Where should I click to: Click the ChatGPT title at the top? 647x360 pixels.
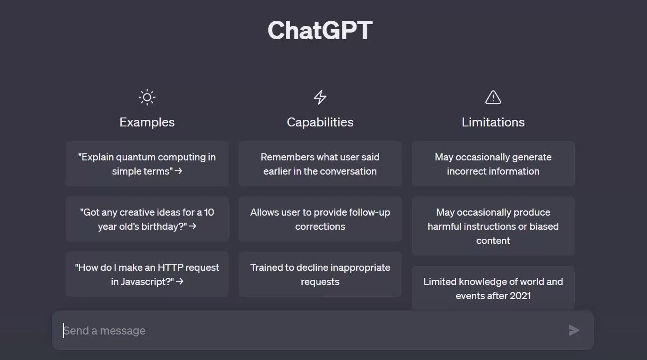coord(320,30)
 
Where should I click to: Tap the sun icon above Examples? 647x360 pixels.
coord(147,97)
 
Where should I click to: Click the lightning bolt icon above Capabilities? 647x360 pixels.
coord(320,97)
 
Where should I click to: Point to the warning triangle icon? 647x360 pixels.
coord(493,97)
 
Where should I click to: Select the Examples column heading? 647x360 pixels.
coord(147,122)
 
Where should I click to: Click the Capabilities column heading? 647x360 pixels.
coord(320,122)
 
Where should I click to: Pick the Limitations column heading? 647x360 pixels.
coord(493,122)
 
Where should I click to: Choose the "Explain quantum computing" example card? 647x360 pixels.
coord(147,164)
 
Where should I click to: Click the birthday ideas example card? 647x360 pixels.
coord(147,219)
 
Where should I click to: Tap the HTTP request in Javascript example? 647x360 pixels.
coord(147,274)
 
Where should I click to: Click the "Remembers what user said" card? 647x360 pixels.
coord(320,164)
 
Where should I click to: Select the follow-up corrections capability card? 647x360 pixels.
coord(320,219)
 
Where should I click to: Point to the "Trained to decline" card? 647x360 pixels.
coord(320,274)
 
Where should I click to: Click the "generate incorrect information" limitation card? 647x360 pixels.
coord(493,164)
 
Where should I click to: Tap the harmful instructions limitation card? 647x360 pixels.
coord(493,226)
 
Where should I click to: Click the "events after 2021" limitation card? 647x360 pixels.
coord(493,288)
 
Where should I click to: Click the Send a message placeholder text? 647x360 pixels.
coord(104,331)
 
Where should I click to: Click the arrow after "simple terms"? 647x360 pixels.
coord(179,171)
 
